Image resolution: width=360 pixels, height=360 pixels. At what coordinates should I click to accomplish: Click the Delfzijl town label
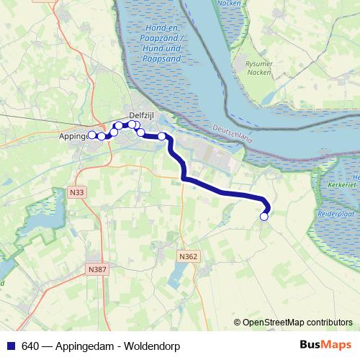(x=141, y=114)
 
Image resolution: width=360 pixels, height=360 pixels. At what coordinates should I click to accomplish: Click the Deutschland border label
(x=232, y=135)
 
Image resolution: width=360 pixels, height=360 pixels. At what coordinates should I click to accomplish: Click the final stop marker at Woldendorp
(x=264, y=216)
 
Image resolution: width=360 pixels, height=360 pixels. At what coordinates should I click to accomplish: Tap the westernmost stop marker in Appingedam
(x=92, y=135)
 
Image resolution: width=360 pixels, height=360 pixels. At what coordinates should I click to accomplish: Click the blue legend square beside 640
(x=10, y=346)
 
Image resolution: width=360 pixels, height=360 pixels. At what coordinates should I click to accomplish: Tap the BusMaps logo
(x=325, y=345)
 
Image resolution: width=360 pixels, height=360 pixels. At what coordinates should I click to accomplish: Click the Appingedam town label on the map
(x=73, y=135)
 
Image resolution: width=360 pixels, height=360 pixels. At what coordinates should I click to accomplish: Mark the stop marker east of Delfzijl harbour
(x=162, y=136)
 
